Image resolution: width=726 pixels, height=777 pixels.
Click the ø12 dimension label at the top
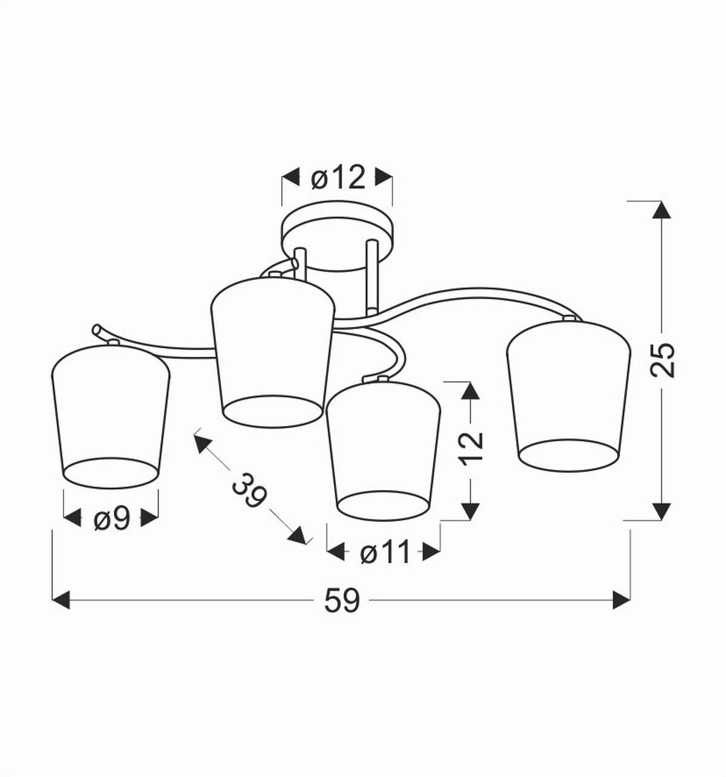338,178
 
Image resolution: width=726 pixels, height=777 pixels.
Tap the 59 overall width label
342,600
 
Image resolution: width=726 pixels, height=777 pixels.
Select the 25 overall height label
662,360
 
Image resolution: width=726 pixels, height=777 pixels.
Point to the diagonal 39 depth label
249,490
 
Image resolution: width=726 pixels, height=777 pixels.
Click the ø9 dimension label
111,519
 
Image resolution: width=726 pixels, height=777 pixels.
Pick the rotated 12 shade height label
472,449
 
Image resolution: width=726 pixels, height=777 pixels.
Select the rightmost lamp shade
569,396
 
